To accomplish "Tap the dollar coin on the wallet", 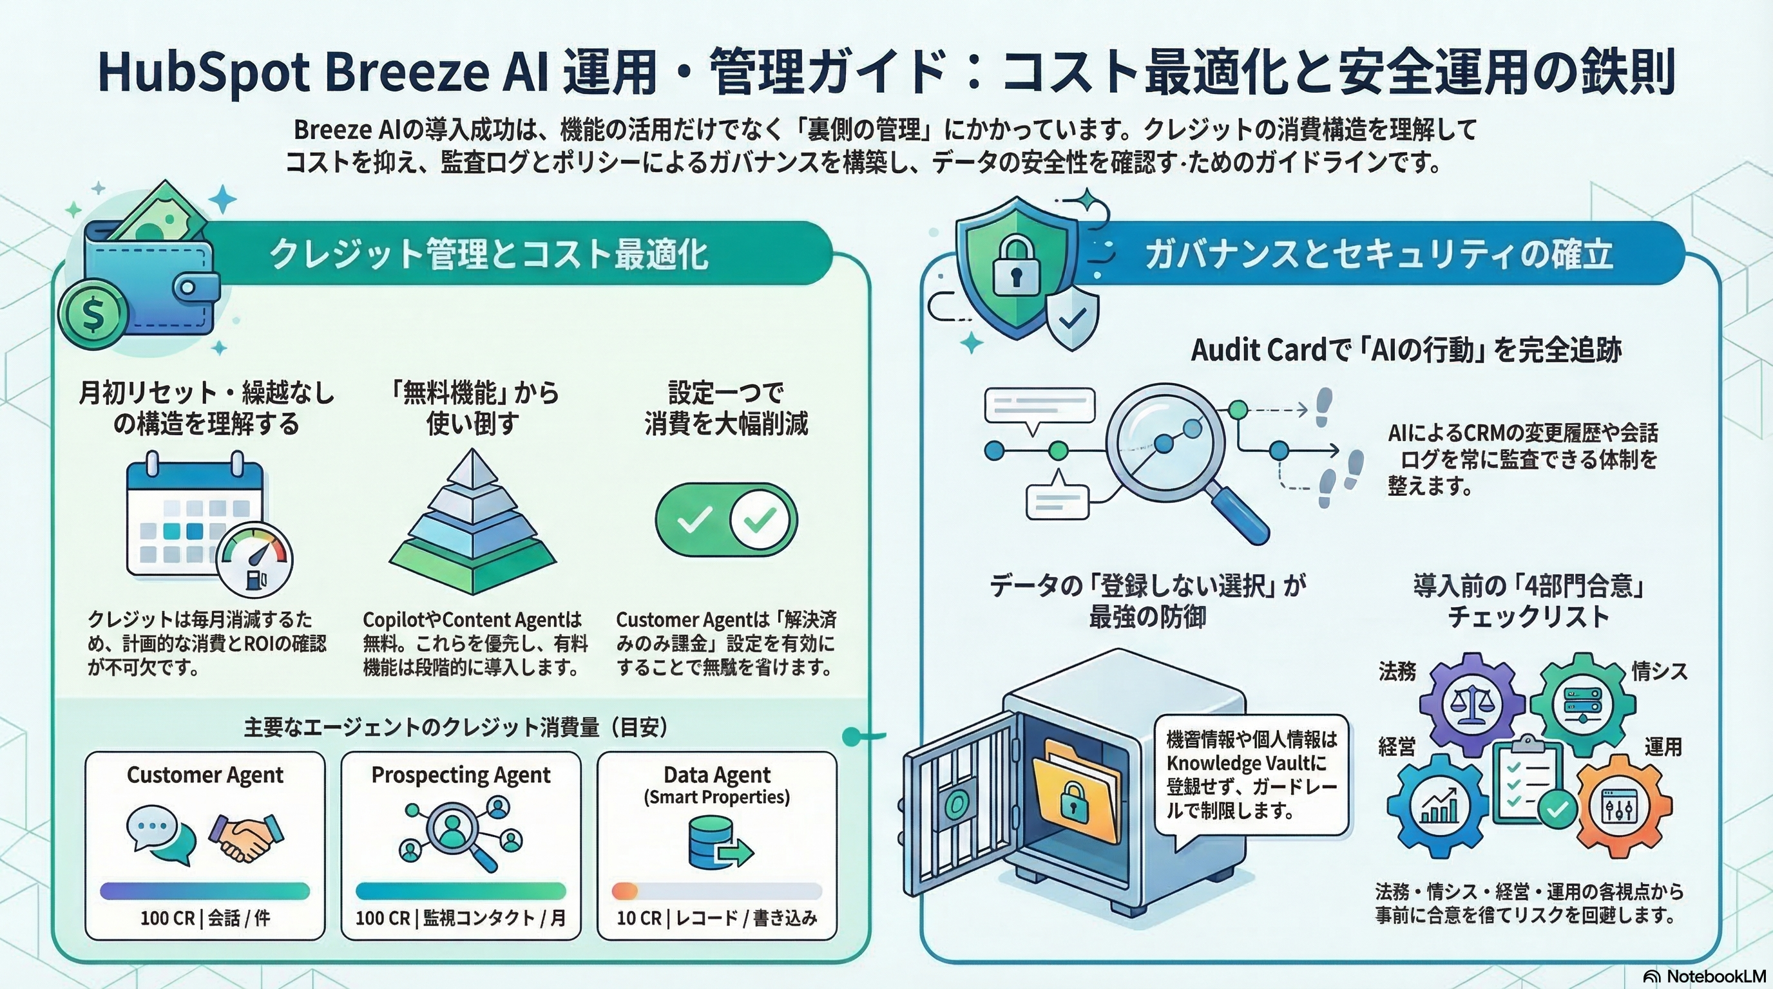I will pyautogui.click(x=93, y=314).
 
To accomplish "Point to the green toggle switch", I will pyautogui.click(x=725, y=519).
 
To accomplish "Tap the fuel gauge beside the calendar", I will pyautogui.click(x=254, y=561).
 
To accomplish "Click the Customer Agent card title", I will pyautogui.click(x=204, y=775).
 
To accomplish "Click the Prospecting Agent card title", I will pyautogui.click(x=461, y=775).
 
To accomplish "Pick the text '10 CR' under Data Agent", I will pyautogui.click(x=637, y=918).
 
